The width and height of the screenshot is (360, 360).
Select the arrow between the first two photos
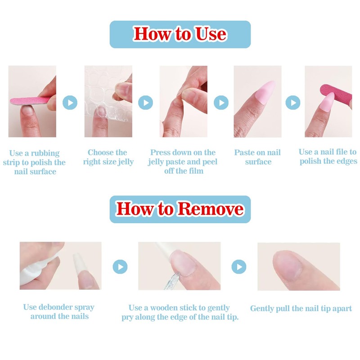(x=70, y=103)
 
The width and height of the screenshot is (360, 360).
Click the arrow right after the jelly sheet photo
(x=145, y=103)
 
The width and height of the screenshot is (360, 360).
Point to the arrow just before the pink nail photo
(x=221, y=103)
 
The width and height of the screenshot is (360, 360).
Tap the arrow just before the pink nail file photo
(x=293, y=103)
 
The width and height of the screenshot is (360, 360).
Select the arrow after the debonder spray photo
(x=120, y=267)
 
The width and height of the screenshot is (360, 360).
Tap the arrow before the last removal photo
(x=239, y=267)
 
